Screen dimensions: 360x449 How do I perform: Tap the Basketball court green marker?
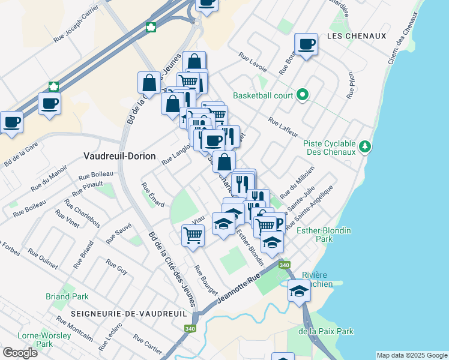[x=303, y=95]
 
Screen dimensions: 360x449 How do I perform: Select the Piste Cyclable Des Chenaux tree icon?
[x=363, y=146]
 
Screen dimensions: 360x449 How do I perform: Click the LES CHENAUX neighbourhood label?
[x=357, y=36]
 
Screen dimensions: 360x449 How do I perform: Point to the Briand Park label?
[x=67, y=296]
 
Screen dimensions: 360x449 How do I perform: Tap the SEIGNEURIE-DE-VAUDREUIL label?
[x=128, y=314]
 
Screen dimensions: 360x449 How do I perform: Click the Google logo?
[x=20, y=352]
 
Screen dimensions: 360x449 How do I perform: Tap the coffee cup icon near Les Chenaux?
[x=306, y=44]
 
